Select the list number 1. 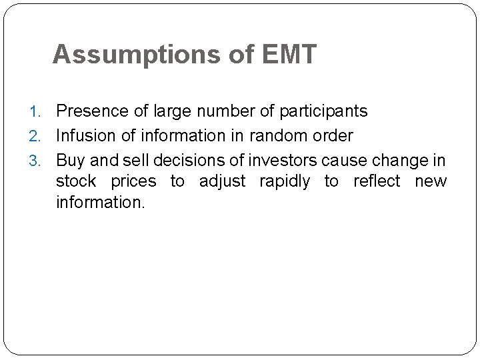point(41,111)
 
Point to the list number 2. point(41,136)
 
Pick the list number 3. point(41,161)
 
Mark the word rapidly point(283,181)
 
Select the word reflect point(377,181)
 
